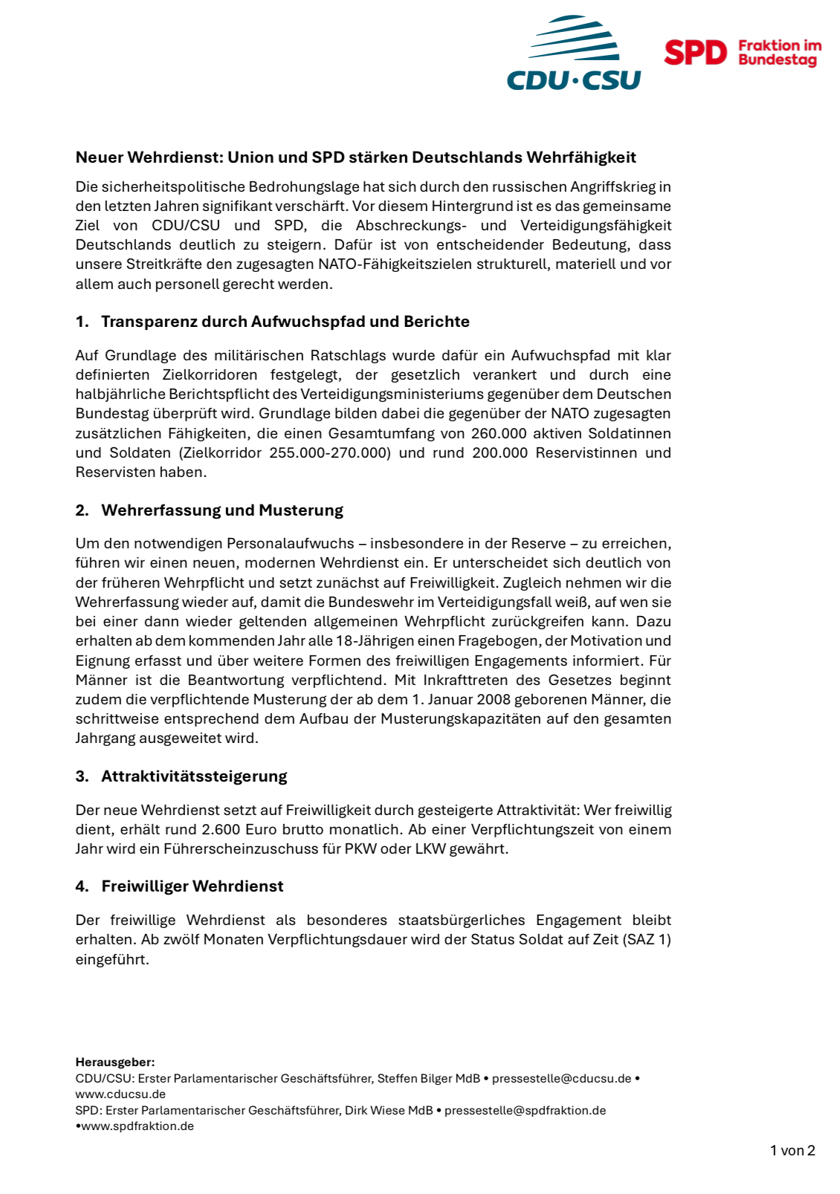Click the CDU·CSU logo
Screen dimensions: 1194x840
pyautogui.click(x=573, y=53)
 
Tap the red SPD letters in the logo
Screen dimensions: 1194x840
pyautogui.click(x=695, y=53)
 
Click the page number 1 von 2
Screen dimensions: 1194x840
pyautogui.click(x=792, y=1151)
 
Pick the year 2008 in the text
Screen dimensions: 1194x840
pyautogui.click(x=494, y=699)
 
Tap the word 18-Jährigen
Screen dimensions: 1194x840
pyautogui.click(x=347, y=640)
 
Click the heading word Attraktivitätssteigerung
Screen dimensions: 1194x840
pyautogui.click(x=194, y=776)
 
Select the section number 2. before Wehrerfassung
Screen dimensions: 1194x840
pyautogui.click(x=82, y=510)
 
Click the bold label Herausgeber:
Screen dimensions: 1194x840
pyautogui.click(x=115, y=1062)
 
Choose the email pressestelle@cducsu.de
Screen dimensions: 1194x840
pyautogui.click(x=561, y=1078)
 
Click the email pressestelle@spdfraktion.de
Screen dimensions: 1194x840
pyautogui.click(x=525, y=1110)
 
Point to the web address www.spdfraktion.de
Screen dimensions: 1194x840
pyautogui.click(x=138, y=1126)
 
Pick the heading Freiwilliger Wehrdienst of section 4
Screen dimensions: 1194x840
pyautogui.click(x=193, y=886)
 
